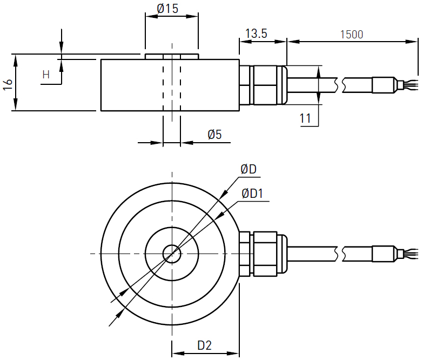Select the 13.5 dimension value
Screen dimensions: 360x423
tap(256, 34)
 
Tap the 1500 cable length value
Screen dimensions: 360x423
tap(351, 35)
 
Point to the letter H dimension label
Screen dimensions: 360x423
tap(46, 75)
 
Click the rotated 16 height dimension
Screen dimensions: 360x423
tap(8, 84)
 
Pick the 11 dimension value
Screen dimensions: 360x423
tap(306, 118)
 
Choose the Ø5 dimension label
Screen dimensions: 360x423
tap(214, 135)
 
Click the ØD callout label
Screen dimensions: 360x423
tap(249, 170)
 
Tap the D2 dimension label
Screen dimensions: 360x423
tap(204, 345)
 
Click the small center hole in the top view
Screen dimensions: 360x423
tap(172, 254)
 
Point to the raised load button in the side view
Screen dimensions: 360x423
tap(172, 56)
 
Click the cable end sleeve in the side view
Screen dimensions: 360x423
tap(384, 85)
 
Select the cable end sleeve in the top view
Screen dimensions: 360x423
tap(384, 254)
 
